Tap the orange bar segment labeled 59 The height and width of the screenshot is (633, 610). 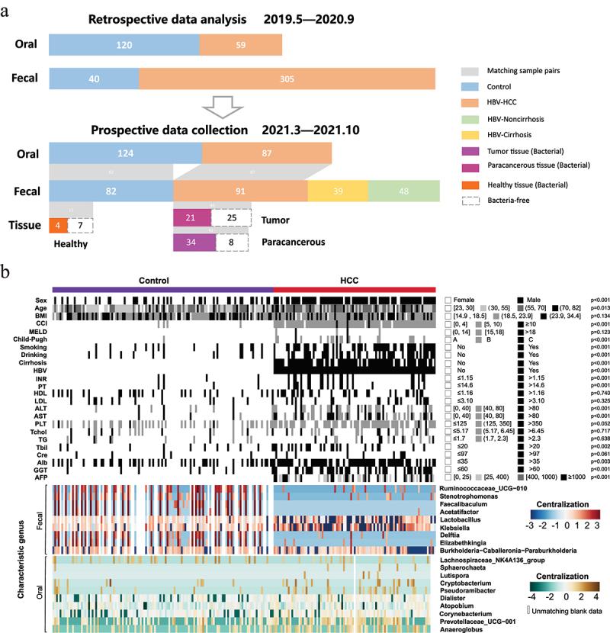pyautogui.click(x=236, y=45)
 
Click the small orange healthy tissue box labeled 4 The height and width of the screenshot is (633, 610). pyautogui.click(x=57, y=226)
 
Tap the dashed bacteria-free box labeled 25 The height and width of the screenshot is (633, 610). pyautogui.click(x=231, y=218)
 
